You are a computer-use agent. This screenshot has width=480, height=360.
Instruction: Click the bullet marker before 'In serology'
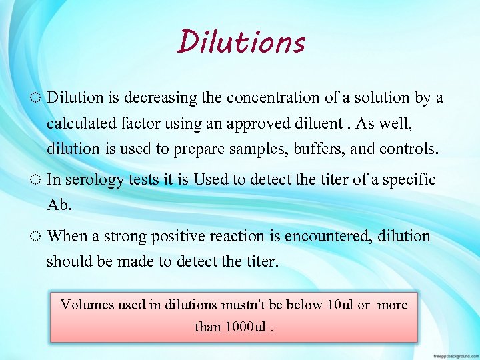37,180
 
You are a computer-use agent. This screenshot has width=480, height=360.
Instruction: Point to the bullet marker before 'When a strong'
37,237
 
